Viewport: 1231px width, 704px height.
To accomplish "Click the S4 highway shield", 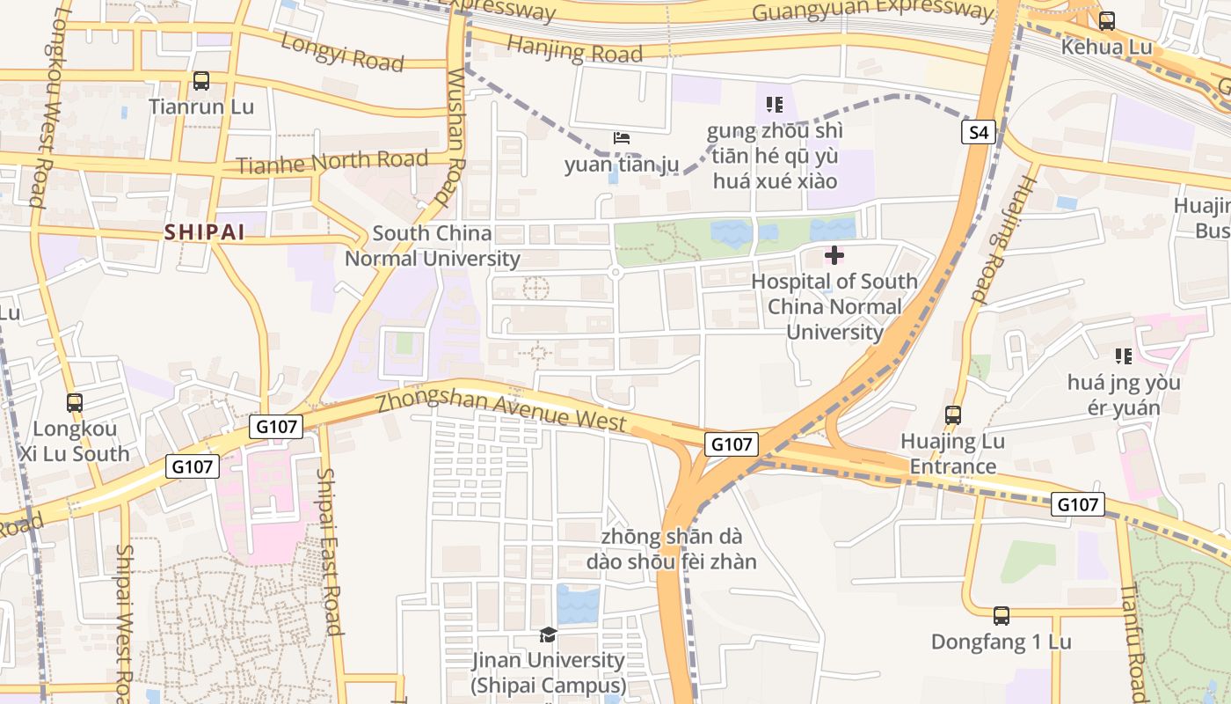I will pyautogui.click(x=979, y=133).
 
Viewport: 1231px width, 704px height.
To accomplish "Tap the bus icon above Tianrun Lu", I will pyautogui.click(x=201, y=81).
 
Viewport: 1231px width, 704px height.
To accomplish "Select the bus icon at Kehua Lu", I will pyautogui.click(x=1106, y=21).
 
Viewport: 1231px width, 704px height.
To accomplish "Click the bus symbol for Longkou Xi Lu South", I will pyautogui.click(x=75, y=403).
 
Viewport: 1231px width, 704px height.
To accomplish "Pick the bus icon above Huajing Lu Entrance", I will pyautogui.click(x=952, y=414).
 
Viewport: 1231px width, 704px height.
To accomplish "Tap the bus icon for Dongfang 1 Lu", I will pyautogui.click(x=1001, y=615).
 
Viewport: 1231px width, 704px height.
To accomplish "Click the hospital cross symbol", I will pyautogui.click(x=834, y=255).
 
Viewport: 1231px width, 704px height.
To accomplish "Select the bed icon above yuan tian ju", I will pyautogui.click(x=622, y=138).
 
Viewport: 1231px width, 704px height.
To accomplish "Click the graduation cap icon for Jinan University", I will pyautogui.click(x=548, y=634).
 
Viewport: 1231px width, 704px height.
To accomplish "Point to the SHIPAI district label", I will pyautogui.click(x=204, y=232).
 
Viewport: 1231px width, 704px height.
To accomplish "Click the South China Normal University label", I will pyautogui.click(x=432, y=246).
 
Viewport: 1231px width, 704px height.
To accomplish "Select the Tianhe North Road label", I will pyautogui.click(x=331, y=162).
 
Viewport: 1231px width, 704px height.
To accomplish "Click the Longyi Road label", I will pyautogui.click(x=342, y=52).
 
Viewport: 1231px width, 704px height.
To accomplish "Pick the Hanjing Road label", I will pyautogui.click(x=575, y=50).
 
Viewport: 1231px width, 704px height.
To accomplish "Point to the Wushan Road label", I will pyautogui.click(x=455, y=136).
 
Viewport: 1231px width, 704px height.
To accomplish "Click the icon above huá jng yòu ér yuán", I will pyautogui.click(x=1123, y=356).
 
